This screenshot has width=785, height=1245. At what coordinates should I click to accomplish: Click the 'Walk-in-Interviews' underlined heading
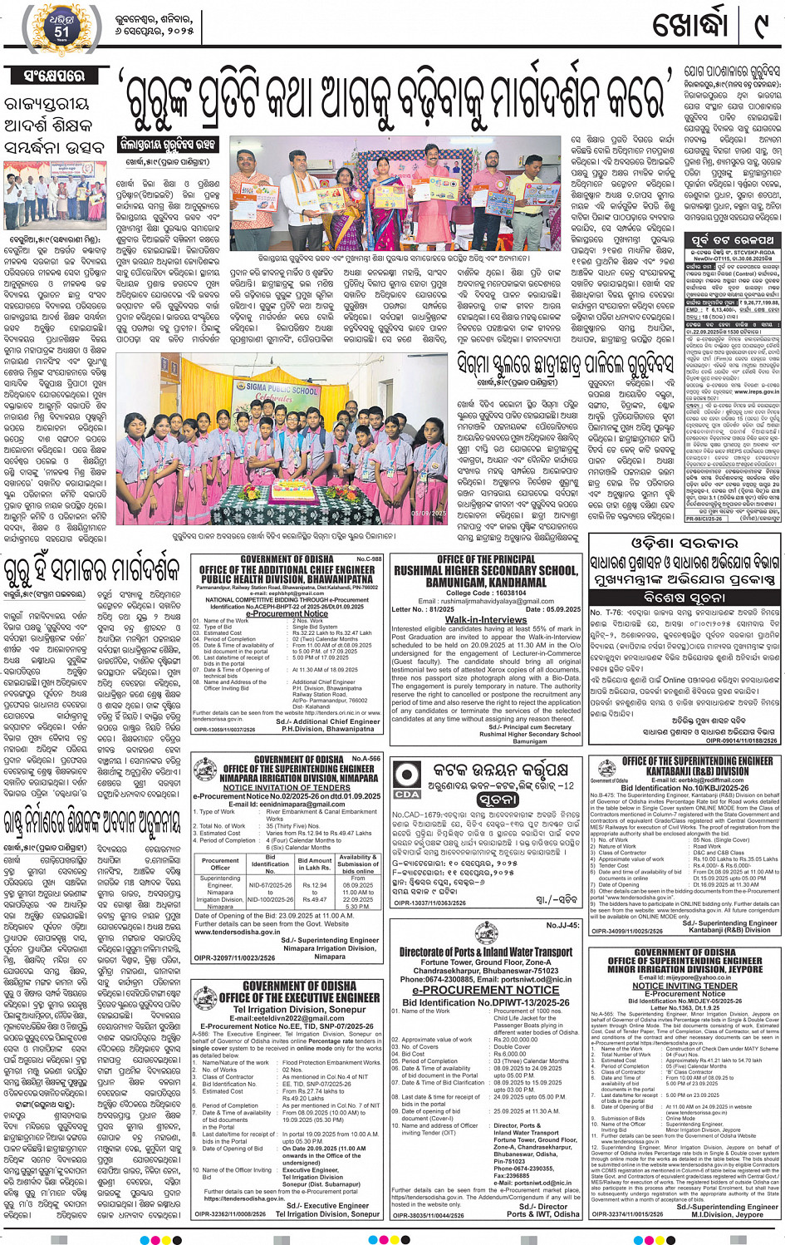pyautogui.click(x=486, y=619)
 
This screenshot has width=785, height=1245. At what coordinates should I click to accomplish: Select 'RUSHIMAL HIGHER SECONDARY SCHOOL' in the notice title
pyautogui.click(x=486, y=571)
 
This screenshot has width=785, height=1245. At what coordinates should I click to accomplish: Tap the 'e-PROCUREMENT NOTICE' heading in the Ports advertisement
pyautogui.click(x=486, y=990)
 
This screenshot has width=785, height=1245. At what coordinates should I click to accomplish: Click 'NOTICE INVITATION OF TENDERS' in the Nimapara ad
pyautogui.click(x=287, y=787)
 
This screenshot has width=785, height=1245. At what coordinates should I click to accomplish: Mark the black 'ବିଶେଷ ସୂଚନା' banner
pyautogui.click(x=684, y=597)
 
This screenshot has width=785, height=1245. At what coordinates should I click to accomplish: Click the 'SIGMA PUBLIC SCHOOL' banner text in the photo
pyautogui.click(x=282, y=389)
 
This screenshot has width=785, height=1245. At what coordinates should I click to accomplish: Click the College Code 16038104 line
pyautogui.click(x=486, y=593)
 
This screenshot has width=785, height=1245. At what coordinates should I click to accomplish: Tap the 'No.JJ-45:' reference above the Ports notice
pyautogui.click(x=562, y=925)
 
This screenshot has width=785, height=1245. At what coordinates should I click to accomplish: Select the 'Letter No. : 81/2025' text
pyautogui.click(x=423, y=609)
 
